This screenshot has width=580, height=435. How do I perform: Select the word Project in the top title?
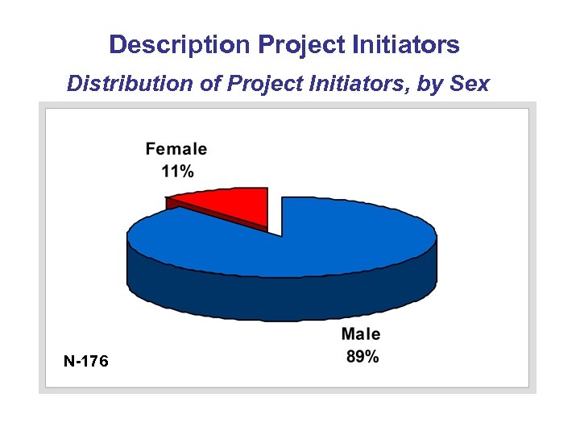[302, 44]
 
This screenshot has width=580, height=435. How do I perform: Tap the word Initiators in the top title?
[408, 44]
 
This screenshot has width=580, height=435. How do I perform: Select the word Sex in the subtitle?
[470, 84]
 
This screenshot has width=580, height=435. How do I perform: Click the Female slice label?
[176, 149]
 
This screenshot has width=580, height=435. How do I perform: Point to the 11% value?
[177, 171]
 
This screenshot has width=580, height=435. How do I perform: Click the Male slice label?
[361, 334]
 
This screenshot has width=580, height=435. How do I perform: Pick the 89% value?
[362, 357]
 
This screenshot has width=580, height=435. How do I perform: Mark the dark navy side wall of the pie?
[282, 298]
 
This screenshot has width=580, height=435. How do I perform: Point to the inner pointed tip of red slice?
[265, 227]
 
